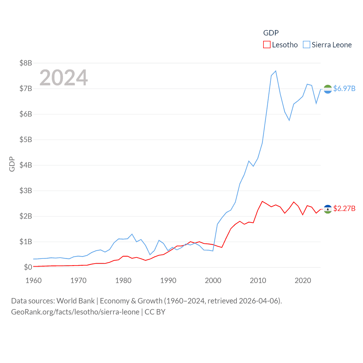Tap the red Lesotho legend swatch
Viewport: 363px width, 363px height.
267,45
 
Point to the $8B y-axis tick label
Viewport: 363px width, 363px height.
26,63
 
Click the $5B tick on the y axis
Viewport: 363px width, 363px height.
26,140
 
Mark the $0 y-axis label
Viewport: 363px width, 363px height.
28,267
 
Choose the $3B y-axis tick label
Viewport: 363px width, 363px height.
26,191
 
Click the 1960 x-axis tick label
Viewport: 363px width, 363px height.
33,280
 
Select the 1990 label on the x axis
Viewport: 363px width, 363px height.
168,280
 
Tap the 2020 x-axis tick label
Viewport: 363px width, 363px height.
303,280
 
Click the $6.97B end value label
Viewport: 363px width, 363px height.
344,88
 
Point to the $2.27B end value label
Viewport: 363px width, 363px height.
344,208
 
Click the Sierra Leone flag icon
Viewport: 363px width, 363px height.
328,89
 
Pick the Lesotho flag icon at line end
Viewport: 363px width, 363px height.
328,209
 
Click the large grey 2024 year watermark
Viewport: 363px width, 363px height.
64,78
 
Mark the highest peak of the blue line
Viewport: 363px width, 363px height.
276,71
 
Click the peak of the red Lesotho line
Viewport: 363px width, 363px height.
262,201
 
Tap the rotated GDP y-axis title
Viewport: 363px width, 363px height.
12,164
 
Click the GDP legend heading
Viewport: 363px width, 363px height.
271,33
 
